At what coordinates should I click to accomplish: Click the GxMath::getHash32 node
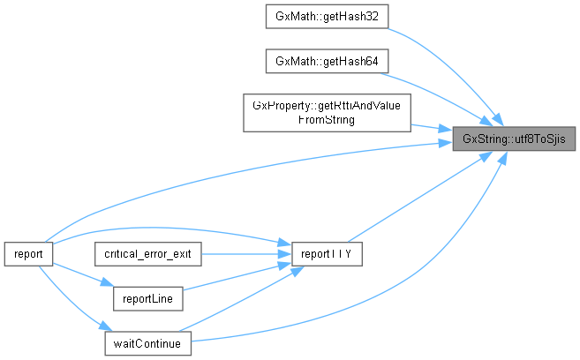[326, 16]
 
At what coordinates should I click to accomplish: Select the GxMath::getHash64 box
[326, 61]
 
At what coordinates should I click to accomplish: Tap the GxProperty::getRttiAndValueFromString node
[326, 112]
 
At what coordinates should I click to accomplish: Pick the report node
[28, 252]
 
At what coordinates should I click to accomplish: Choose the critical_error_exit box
[147, 252]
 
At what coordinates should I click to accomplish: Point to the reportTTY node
[326, 252]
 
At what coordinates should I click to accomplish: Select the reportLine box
[147, 297]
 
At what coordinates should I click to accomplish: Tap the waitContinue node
[147, 342]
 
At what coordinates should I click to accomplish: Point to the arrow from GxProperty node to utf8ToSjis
[433, 126]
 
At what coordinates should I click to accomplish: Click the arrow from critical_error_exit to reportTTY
[243, 252]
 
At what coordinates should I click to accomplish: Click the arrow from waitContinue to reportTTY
[238, 304]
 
